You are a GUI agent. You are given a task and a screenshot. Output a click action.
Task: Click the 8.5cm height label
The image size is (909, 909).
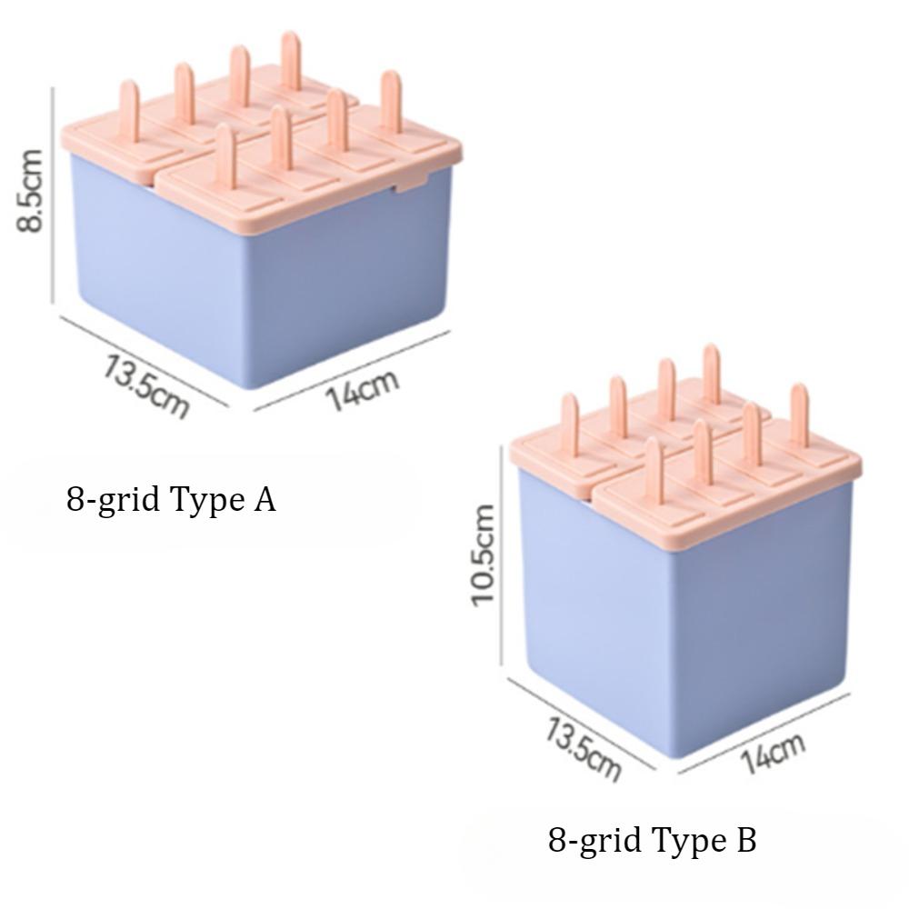click(29, 191)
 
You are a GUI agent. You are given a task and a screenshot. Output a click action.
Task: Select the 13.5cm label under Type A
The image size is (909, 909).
click(145, 386)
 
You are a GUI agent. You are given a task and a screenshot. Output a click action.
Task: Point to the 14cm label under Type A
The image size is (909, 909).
click(363, 389)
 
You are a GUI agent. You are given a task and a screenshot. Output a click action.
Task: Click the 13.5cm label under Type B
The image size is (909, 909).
click(582, 750)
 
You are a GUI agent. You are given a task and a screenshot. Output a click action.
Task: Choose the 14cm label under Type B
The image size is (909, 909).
click(773, 753)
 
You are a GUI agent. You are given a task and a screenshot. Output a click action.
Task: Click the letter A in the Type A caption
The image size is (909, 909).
click(265, 499)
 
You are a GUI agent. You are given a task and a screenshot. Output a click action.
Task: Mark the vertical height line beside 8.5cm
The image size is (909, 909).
click(53, 195)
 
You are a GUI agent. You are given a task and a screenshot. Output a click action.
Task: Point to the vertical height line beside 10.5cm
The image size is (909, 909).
click(501, 554)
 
